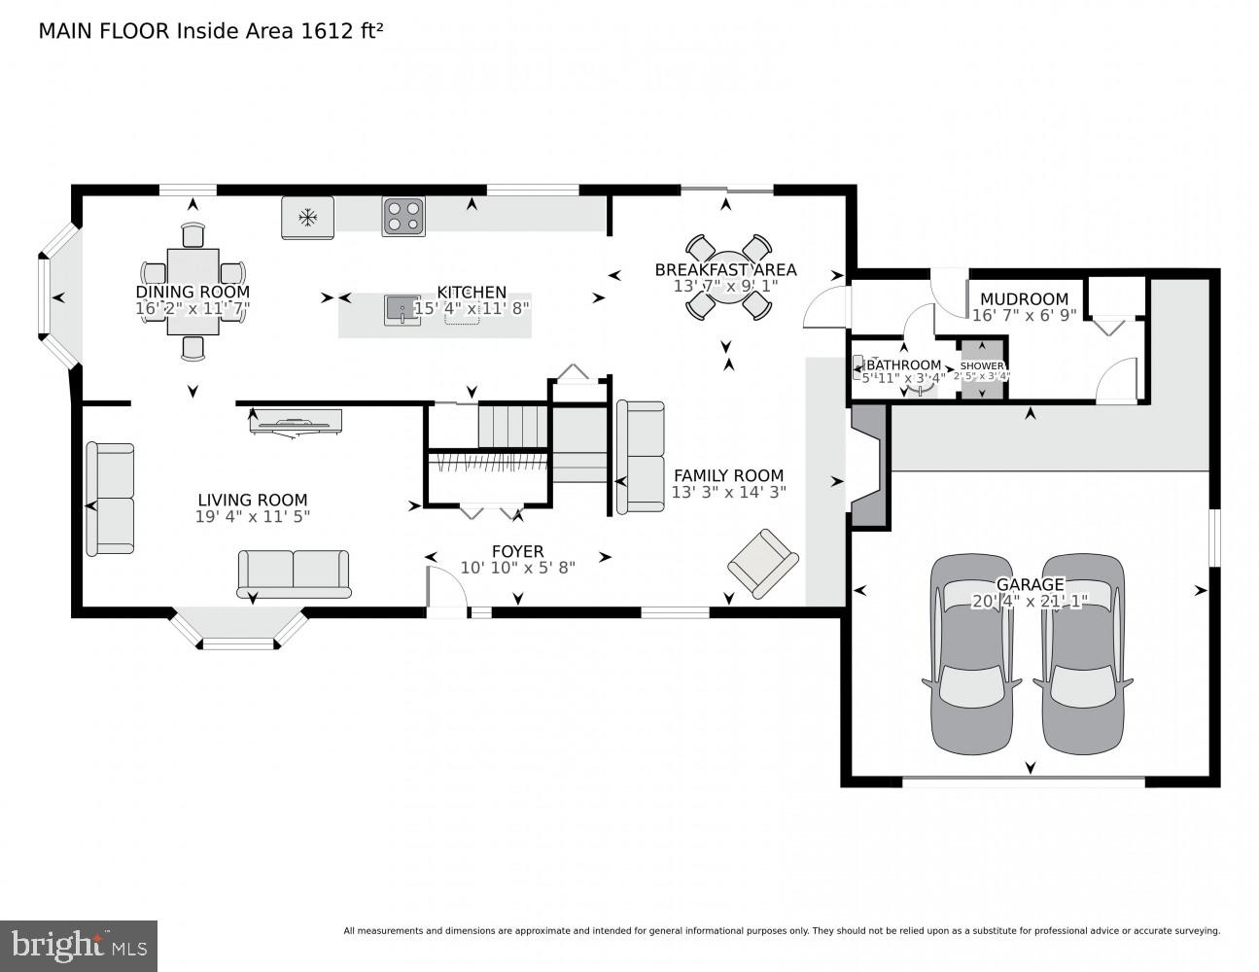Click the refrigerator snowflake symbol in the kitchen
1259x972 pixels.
point(308,218)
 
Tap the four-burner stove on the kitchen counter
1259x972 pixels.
point(403,217)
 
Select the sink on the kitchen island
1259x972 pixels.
point(402,310)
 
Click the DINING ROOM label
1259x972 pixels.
point(192,292)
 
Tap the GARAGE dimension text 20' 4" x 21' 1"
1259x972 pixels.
point(1030,602)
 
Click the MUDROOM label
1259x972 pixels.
point(1024,298)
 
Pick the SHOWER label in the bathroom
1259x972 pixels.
point(982,365)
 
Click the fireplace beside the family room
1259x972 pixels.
point(870,467)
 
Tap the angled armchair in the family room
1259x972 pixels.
point(763,562)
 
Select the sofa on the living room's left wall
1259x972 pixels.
point(110,499)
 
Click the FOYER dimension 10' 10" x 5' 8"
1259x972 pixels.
point(517,568)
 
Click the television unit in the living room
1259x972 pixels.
point(296,422)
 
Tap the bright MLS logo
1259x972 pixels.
point(79,945)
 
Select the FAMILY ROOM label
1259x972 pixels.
point(728,475)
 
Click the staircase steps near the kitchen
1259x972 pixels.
point(512,426)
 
